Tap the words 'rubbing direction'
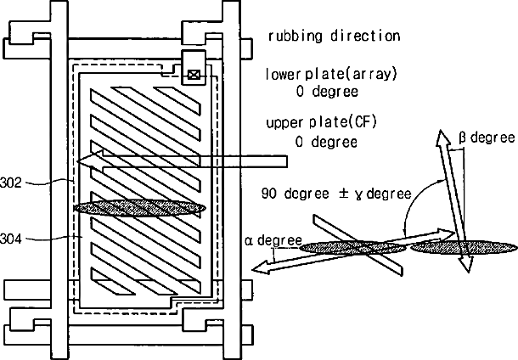[x=334, y=37]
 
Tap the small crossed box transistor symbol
[x=194, y=75]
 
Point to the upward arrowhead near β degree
[x=442, y=138]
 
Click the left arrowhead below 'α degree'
[x=260, y=268]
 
